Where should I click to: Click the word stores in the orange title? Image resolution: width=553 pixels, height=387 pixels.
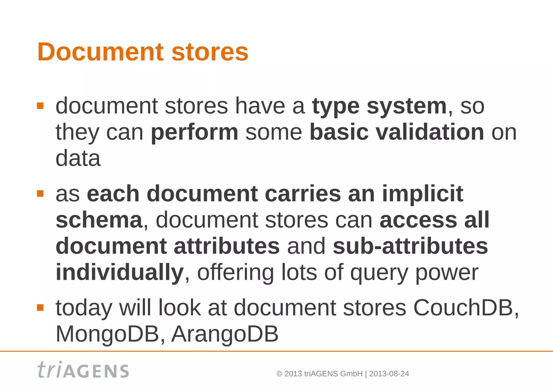pos(210,52)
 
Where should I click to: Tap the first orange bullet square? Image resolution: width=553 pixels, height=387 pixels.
pos(40,106)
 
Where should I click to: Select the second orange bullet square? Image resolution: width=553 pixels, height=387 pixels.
pos(40,193)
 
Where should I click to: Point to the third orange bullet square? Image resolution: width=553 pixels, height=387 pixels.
pos(40,308)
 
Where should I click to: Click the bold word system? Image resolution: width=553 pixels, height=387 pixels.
pos(406,106)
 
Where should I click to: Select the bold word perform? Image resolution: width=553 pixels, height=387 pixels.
pos(194,132)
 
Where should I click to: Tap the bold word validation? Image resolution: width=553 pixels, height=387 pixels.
pos(430,132)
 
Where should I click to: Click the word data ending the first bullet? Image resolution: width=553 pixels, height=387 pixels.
pos(78,158)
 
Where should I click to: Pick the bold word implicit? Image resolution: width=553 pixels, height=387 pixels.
pos(423,193)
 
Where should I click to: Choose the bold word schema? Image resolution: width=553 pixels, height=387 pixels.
pos(99,220)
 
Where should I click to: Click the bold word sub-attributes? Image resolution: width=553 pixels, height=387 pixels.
pos(410,246)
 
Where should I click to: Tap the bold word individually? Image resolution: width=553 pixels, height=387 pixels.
pos(120,273)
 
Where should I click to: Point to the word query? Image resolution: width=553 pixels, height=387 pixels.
pos(379,273)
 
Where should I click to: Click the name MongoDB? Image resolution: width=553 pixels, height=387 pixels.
pos(107,334)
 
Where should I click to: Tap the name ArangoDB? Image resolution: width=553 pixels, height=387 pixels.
pos(225,334)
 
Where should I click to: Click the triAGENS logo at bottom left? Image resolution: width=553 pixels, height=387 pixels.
pos(83,370)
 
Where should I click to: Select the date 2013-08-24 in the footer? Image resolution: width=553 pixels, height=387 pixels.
pos(389,374)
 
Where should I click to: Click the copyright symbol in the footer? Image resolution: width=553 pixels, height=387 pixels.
pos(279,374)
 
